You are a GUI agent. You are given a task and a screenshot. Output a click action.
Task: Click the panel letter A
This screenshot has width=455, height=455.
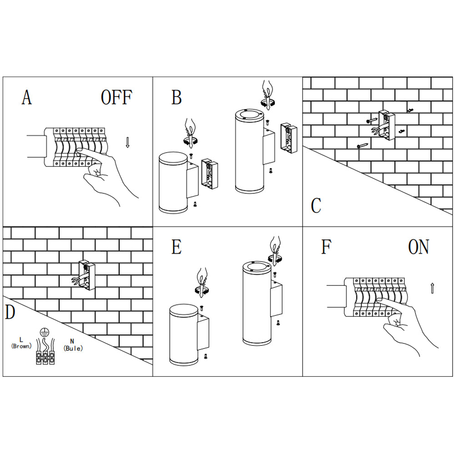27,97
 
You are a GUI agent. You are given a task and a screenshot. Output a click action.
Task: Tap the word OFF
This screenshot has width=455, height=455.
116,97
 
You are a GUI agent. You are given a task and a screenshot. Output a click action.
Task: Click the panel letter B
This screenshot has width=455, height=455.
177,97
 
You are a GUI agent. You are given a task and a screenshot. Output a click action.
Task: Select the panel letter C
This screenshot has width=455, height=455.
316,206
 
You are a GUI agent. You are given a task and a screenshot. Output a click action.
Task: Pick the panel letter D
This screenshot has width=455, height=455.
10,313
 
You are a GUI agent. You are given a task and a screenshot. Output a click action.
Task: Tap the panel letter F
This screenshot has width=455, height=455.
326,247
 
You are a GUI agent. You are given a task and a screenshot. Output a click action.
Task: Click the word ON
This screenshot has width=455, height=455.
419,247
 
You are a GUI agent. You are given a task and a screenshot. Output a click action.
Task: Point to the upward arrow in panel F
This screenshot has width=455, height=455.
432,288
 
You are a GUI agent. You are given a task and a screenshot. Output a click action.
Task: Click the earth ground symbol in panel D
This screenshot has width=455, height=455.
44,332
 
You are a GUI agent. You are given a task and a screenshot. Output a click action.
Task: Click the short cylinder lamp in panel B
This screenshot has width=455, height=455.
173,183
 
